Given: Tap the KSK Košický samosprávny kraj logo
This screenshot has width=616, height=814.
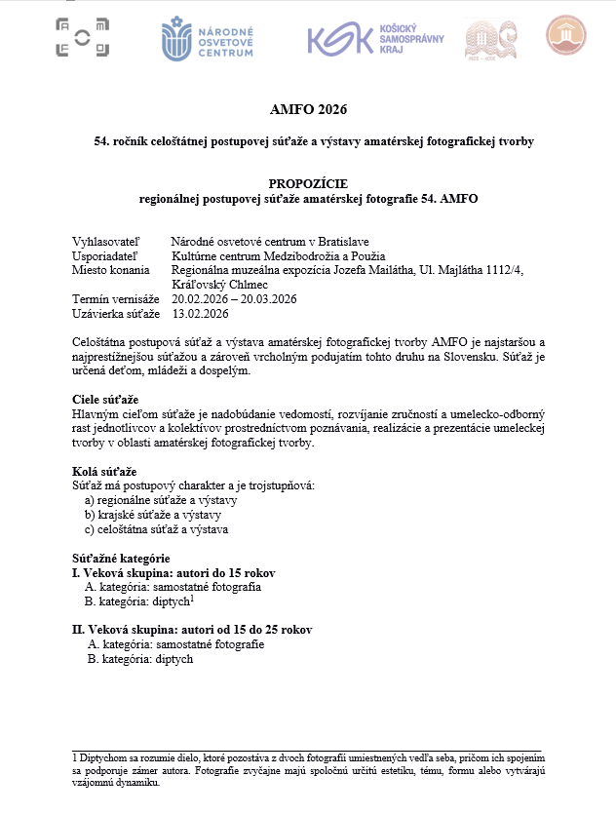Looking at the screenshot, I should [x=375, y=38].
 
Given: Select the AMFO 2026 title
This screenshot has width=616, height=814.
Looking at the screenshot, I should [x=308, y=108].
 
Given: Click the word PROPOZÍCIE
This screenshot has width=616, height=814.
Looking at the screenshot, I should [x=307, y=183].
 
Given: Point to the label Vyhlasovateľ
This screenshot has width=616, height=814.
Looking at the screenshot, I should [x=105, y=242].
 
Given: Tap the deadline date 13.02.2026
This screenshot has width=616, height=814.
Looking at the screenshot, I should [x=200, y=314].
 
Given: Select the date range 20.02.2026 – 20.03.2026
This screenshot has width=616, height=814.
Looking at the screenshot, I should [x=234, y=299].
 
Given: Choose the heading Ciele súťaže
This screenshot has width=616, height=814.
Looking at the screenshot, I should [x=105, y=401].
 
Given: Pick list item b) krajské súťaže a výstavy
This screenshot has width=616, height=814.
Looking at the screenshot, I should [x=153, y=515].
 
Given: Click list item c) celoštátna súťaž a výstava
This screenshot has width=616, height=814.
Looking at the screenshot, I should [x=156, y=529].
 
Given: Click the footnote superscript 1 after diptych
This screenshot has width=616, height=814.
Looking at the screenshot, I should [x=193, y=599].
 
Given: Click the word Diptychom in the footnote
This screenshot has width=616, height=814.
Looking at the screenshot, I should [x=103, y=756].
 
